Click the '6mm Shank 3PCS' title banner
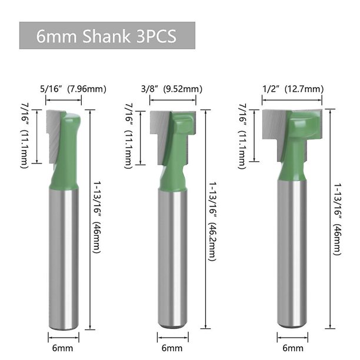click(x=107, y=35)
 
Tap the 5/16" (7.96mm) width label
click(x=74, y=89)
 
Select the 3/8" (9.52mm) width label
click(x=172, y=89)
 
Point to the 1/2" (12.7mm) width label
click(x=293, y=89)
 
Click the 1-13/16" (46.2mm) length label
click(x=212, y=222)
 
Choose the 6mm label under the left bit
click(x=63, y=348)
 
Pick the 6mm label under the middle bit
click(x=172, y=348)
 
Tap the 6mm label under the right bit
click(x=293, y=348)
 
